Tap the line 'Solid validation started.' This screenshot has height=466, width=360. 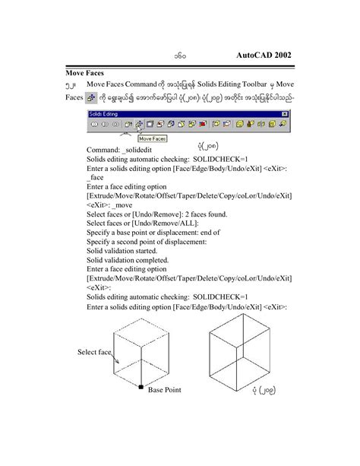(x=122, y=250)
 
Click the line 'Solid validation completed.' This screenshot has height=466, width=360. (x=127, y=259)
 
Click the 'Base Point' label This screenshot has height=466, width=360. (x=164, y=390)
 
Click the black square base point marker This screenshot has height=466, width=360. (x=141, y=388)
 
